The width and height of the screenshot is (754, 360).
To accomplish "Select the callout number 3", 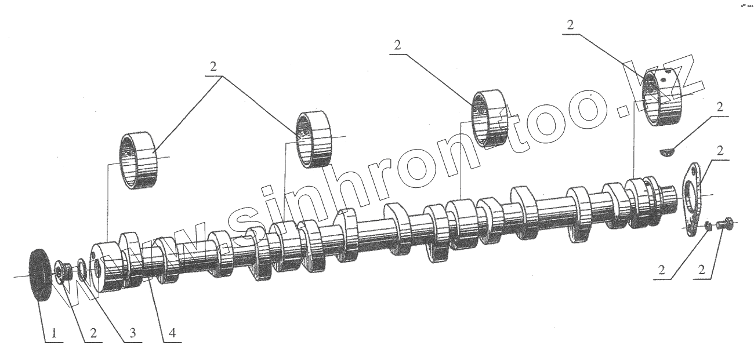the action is pyautogui.click(x=132, y=333).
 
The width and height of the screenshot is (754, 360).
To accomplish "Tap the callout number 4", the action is pyautogui.click(x=172, y=333).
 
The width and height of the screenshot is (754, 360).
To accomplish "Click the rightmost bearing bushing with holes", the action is pyautogui.click(x=664, y=97).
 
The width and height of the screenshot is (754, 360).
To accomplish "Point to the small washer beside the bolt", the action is pyautogui.click(x=708, y=226).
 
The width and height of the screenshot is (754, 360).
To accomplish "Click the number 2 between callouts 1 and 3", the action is pyautogui.click(x=93, y=333).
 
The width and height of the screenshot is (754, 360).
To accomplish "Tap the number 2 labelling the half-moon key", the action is pyautogui.click(x=720, y=107).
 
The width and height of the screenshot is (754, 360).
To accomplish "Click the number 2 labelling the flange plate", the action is pyautogui.click(x=720, y=151).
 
